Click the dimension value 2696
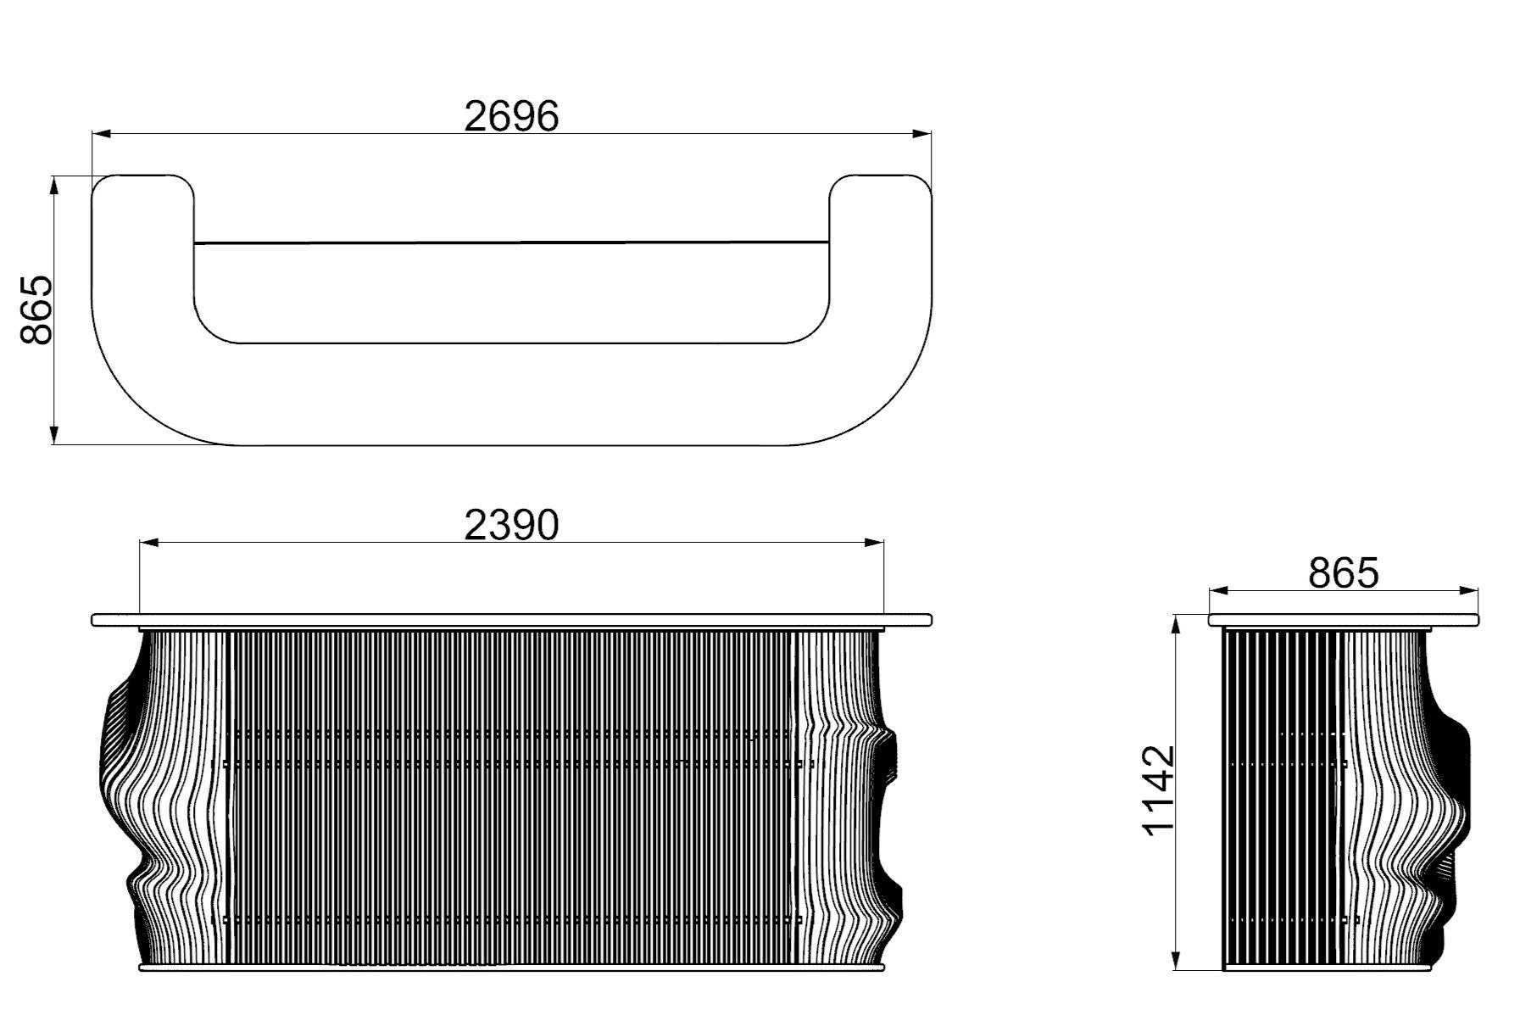[x=511, y=116]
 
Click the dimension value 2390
[x=511, y=525]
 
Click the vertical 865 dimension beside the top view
[x=36, y=310]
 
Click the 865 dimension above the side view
[x=1343, y=572]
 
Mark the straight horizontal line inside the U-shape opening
[x=511, y=243]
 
